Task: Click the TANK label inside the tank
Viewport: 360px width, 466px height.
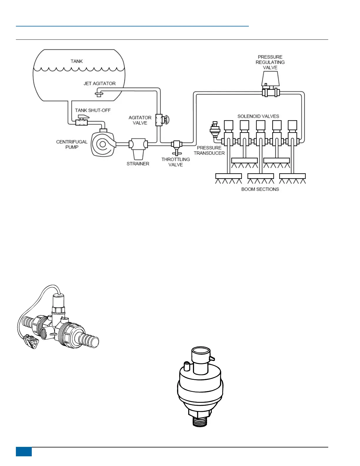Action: (76, 61)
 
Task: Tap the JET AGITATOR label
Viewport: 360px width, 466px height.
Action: (99, 84)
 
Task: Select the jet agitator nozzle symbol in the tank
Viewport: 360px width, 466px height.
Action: (99, 94)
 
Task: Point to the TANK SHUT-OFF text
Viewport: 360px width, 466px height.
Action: (93, 110)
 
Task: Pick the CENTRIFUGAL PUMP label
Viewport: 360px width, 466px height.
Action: (72, 144)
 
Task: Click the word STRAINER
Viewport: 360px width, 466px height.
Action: (138, 164)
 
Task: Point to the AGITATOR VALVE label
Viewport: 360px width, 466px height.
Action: (140, 120)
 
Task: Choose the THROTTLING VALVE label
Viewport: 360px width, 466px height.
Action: (176, 162)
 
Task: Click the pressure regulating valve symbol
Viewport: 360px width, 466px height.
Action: (270, 85)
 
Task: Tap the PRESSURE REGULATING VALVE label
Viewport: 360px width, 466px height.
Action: (270, 62)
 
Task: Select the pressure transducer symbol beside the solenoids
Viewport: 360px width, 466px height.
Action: (215, 129)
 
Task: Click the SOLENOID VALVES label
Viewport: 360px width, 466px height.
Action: (258, 116)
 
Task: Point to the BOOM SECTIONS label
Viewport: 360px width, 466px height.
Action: (260, 189)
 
